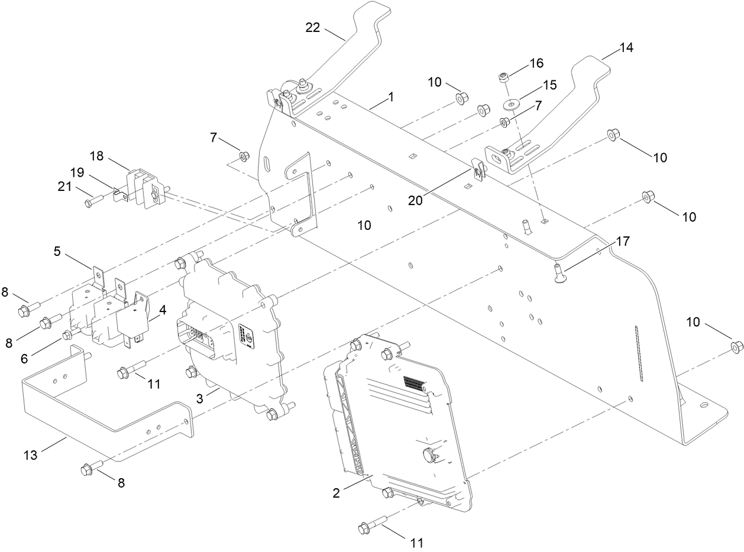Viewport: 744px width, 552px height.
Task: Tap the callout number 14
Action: tap(626, 48)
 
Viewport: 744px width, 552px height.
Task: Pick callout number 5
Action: tap(57, 251)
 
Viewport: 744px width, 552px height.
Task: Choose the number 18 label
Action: tap(97, 155)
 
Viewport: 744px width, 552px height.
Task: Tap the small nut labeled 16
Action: tap(504, 77)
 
